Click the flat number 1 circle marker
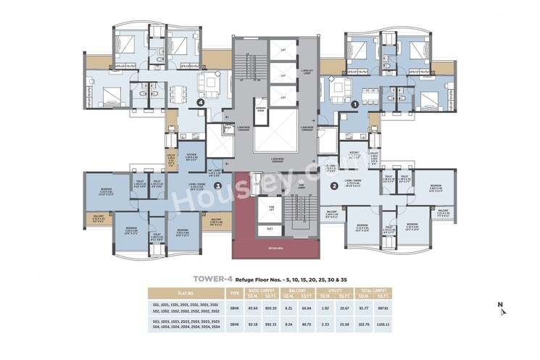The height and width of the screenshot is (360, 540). point(354,104)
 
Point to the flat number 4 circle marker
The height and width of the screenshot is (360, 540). point(199,103)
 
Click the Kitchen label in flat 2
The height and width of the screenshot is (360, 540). point(354,154)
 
